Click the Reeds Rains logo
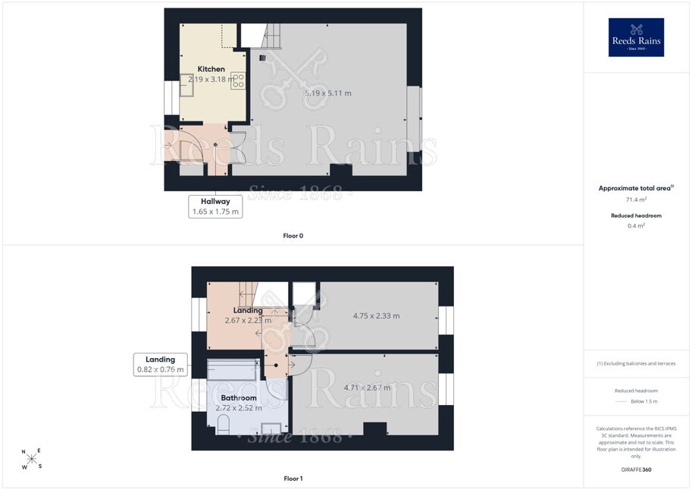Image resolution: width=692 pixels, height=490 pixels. click(636, 37)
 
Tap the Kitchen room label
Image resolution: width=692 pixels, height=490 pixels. click(211, 69)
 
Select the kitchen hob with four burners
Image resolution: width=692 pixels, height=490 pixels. click(238, 80)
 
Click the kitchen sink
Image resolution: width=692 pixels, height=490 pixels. click(186, 85)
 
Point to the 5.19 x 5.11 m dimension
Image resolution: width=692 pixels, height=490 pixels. click(328, 93)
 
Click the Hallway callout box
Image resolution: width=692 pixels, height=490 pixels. click(215, 206)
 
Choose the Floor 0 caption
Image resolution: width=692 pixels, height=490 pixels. click(293, 236)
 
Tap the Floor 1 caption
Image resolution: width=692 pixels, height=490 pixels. click(293, 479)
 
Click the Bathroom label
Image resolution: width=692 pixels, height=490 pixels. click(238, 397)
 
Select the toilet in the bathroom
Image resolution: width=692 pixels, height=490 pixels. click(224, 424)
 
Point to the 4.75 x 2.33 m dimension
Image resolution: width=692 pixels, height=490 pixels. click(376, 316)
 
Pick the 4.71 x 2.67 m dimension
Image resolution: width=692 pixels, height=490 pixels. click(367, 388)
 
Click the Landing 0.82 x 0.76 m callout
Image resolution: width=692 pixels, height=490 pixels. click(160, 365)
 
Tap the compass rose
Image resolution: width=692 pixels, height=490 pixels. click(32, 459)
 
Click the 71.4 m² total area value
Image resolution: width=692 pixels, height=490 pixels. click(636, 199)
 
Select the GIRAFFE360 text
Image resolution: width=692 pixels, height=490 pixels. click(636, 470)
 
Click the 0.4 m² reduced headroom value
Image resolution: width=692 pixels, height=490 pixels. click(636, 226)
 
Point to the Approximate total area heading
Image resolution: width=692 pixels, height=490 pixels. click(636, 188)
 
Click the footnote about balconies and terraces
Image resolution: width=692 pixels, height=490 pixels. click(636, 363)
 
